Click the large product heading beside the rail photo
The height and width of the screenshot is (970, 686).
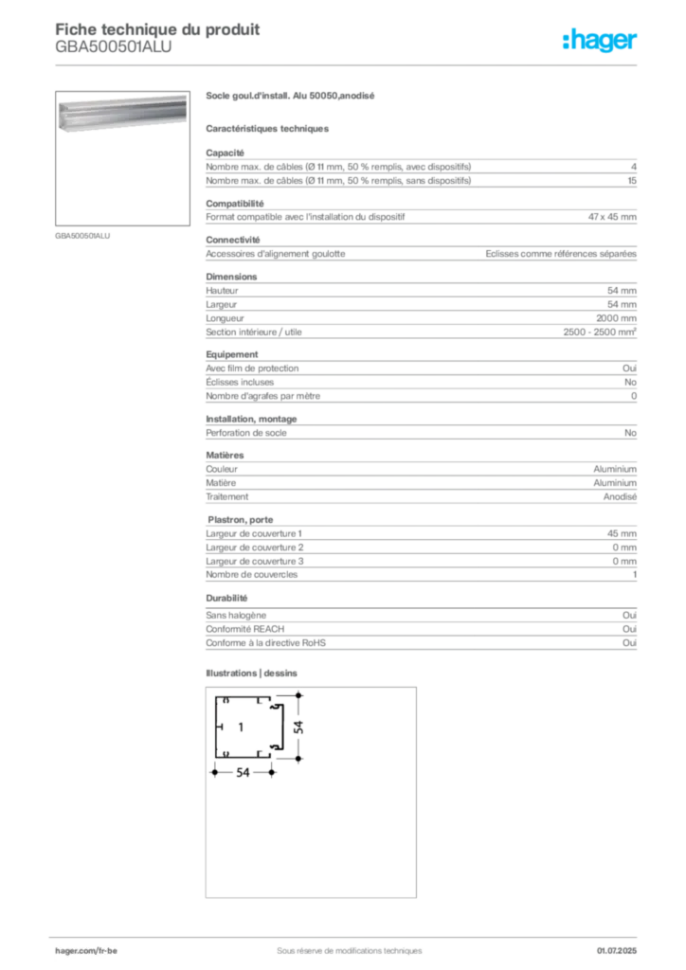coord(292,97)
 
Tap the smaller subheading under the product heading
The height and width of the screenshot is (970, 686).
coord(269,129)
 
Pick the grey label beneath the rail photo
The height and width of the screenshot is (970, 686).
coord(83,235)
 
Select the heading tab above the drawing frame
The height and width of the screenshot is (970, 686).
coord(254,674)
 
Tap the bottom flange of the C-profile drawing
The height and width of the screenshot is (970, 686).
coord(244,753)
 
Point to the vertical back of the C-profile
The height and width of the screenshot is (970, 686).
coord(217,727)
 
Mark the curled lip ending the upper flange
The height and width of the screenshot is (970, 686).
coord(270,702)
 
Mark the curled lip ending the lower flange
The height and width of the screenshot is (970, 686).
coord(270,753)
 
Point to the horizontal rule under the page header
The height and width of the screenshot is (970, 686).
coord(349,64)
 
